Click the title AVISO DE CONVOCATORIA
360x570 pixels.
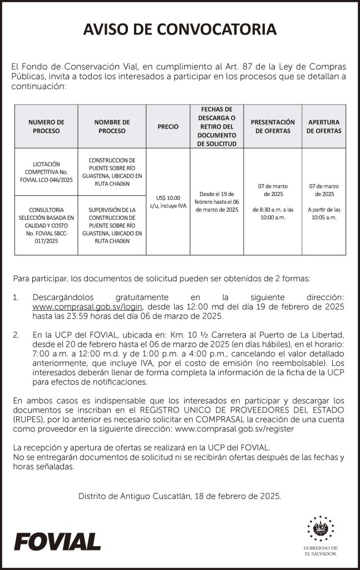[x=180, y=30]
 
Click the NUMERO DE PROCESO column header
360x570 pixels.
[x=46, y=126]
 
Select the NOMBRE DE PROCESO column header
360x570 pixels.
[x=112, y=126]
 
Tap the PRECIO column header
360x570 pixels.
[x=168, y=126]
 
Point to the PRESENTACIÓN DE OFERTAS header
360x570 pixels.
[x=273, y=126]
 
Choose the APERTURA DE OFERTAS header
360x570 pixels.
[x=324, y=126]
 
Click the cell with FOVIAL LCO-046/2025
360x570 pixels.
[x=46, y=171]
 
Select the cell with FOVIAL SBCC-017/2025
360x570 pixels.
[x=46, y=225]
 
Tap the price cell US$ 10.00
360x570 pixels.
[x=168, y=202]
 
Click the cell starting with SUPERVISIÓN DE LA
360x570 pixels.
[x=112, y=225]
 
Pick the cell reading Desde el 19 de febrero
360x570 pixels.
[x=217, y=202]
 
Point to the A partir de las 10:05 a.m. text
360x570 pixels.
[x=324, y=213]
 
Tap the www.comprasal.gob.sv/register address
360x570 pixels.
[x=234, y=429]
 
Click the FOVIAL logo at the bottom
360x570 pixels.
[x=57, y=541]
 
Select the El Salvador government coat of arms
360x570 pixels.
[x=320, y=529]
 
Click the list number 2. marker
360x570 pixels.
[x=17, y=335]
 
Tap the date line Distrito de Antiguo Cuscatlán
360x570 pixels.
[x=180, y=495]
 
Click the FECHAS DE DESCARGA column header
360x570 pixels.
[x=217, y=126]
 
